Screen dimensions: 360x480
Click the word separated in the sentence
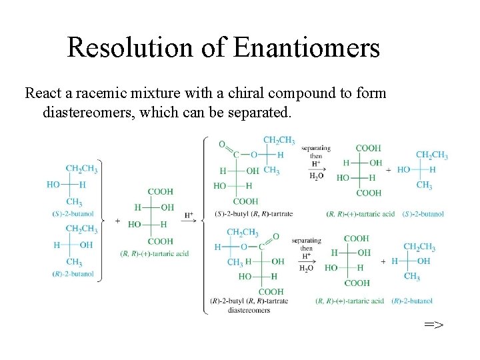tap(257, 112)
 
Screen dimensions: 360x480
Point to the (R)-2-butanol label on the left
tap(75, 274)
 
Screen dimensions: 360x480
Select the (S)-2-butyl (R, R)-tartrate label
tap(254, 214)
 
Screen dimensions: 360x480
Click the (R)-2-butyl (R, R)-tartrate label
tap(249, 301)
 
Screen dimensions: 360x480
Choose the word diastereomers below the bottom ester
tap(249, 310)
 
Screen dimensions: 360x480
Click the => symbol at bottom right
tap(433, 325)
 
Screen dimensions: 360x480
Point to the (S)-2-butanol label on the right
tap(423, 214)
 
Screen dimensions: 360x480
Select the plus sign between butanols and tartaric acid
tap(118, 221)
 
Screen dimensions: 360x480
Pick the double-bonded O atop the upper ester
tap(222, 144)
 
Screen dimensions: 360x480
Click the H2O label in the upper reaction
tap(317, 177)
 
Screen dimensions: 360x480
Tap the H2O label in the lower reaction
tap(307, 268)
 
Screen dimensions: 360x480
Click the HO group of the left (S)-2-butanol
tap(53, 184)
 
